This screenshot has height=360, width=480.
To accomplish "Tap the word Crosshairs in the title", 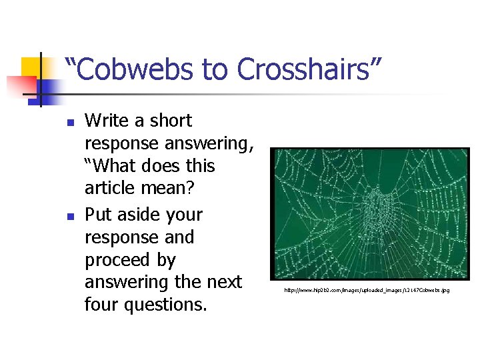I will click(x=309, y=69).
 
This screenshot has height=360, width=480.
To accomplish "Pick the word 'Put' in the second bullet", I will click(x=99, y=215).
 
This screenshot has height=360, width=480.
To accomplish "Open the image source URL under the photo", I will click(x=367, y=291).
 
